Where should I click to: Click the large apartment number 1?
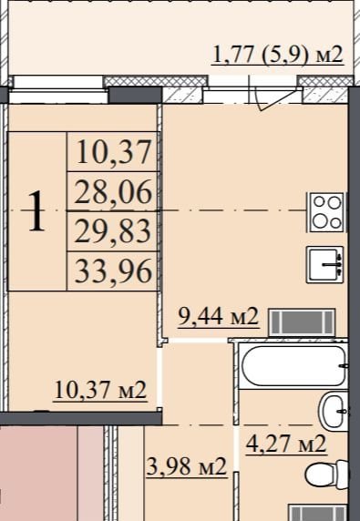pos(36,210)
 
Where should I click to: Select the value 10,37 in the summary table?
pos(114,152)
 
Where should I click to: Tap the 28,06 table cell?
pos(113,193)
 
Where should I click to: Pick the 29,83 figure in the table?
pos(113,232)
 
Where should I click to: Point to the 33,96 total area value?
pos(113,271)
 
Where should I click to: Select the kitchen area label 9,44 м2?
pos(219,317)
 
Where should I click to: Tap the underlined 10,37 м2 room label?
pos(100,390)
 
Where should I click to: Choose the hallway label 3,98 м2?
pos(187,466)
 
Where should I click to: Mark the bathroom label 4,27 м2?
pos(286,444)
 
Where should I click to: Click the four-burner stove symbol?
pos(327,211)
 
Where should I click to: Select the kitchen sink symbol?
pos(324,264)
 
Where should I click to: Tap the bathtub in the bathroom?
pos(293,366)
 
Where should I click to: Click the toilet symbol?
pos(327,475)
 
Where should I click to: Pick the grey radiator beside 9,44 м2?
pos(302,322)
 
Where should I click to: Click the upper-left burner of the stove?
pos(320,201)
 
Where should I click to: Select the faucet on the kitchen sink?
pos(333,265)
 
